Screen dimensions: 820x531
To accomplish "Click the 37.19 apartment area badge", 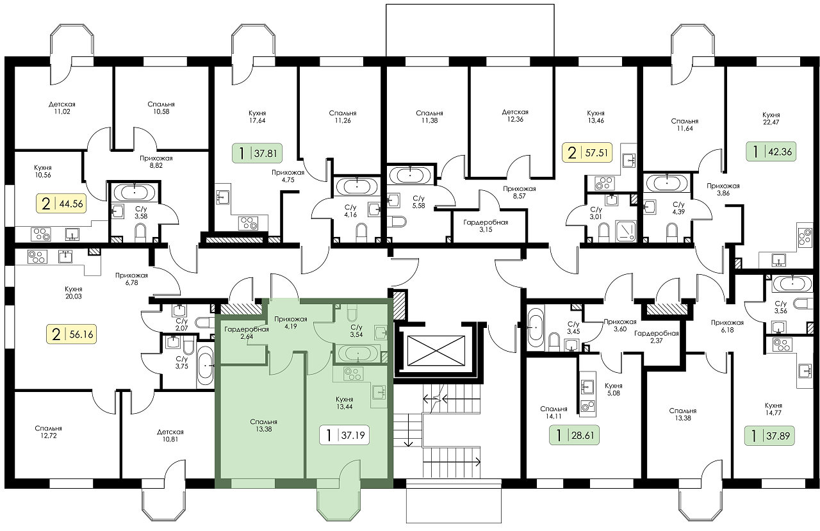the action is point(344,435).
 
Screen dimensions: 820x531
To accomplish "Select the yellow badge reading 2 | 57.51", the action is point(587,152).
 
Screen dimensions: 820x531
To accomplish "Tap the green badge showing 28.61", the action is point(574,436).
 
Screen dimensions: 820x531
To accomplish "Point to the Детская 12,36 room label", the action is point(515,116).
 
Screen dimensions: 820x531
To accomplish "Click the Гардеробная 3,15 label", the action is point(486,226).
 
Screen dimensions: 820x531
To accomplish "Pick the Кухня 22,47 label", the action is point(771,118).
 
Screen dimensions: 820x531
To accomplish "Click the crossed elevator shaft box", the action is point(436,350).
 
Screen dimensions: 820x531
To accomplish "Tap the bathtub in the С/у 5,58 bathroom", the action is point(410,175).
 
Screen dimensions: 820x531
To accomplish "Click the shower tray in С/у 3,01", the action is point(627,231).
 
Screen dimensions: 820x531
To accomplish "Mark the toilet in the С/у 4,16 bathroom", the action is point(361,233).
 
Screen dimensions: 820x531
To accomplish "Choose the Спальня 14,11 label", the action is point(553,413).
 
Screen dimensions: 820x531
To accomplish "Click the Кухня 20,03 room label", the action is point(74,292).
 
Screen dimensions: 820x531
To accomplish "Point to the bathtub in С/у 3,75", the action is point(205,365).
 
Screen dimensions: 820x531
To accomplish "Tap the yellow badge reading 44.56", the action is point(61,204).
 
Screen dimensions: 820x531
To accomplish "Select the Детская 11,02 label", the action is point(62,108).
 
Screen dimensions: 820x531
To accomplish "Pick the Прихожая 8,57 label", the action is point(519,193).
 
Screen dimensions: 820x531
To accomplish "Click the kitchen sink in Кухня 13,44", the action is point(379,392).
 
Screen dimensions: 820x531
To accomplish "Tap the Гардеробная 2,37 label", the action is point(657,337).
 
